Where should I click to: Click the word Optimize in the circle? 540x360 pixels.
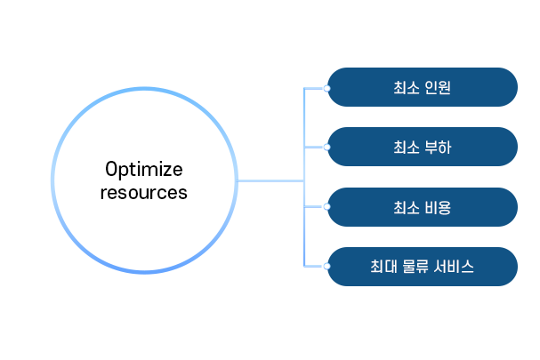point(144,170)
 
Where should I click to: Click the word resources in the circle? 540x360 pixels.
point(144,192)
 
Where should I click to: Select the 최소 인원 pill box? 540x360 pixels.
point(423,87)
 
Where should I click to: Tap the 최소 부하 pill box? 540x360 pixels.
point(423,147)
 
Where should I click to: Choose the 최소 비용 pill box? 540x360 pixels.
point(423,207)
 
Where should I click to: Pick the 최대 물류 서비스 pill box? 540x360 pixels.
point(423,267)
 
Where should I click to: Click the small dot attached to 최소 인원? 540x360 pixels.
point(326,89)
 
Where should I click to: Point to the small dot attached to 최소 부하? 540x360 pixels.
point(326,148)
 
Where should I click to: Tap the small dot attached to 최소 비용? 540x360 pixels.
point(326,206)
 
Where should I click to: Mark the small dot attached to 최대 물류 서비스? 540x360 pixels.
point(326,266)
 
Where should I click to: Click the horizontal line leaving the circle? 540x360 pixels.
point(270,180)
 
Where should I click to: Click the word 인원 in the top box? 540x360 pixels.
point(438,87)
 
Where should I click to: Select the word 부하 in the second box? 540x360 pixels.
point(438,148)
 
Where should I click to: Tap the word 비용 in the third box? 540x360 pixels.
point(438,207)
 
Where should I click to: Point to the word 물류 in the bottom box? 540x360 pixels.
point(415,267)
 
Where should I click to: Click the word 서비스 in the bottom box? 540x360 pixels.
point(454,267)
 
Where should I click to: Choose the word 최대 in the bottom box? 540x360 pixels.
point(383,267)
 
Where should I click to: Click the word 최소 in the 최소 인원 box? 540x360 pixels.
point(407,87)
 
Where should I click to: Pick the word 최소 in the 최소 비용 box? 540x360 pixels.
point(407,207)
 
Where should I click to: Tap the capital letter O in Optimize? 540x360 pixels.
point(111,169)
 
